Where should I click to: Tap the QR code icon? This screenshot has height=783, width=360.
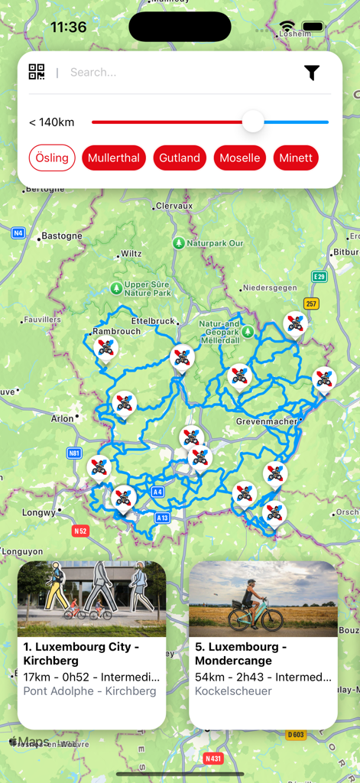point(37,72)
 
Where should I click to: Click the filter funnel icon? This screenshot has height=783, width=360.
point(311,73)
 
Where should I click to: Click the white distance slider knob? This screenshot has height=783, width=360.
point(253,122)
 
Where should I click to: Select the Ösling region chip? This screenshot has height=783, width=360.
point(52,158)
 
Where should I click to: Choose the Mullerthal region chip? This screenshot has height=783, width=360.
point(114,158)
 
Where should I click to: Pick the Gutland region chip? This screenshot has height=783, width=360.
point(180,158)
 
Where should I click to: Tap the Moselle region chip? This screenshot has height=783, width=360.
point(240,158)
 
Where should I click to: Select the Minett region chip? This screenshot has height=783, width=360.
point(296,158)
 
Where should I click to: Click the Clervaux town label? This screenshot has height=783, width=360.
point(174,206)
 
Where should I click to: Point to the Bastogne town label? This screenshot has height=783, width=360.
point(61,236)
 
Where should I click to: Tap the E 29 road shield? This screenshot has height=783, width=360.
point(319,276)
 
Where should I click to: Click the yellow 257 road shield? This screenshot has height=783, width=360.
point(311,304)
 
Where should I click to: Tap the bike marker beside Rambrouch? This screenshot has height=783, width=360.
point(105,348)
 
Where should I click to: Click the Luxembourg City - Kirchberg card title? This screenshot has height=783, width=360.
point(81,653)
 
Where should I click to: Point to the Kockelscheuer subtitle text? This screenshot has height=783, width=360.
point(233,691)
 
